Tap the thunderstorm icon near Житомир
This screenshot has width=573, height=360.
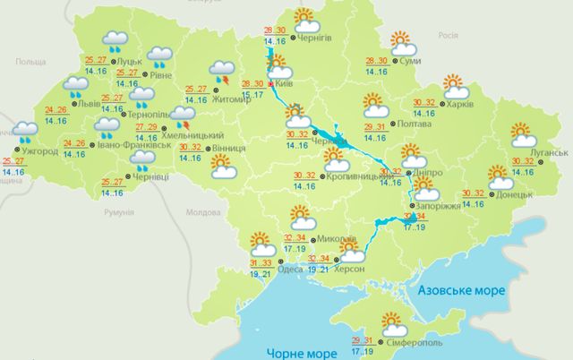220,73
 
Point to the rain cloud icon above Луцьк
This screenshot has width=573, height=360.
115,40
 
